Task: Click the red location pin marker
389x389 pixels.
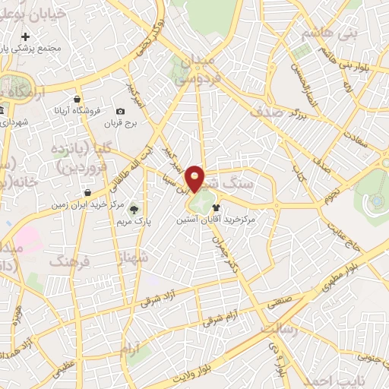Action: [x=195, y=178]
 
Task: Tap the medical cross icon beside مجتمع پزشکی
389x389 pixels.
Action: [x=25, y=36]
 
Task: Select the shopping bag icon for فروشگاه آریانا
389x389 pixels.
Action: [x=77, y=99]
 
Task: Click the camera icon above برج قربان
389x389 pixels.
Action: [x=120, y=112]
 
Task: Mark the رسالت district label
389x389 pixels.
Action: [x=280, y=328]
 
